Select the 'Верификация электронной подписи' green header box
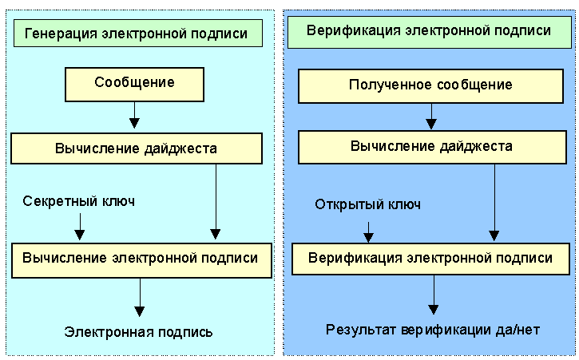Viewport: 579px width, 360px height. click(430, 31)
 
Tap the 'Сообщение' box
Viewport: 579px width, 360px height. click(134, 83)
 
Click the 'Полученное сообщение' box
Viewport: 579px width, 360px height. click(430, 85)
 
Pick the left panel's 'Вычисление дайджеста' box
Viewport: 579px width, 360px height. click(136, 148)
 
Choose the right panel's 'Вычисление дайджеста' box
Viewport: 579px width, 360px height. click(431, 147)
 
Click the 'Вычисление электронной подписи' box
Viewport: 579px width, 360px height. click(140, 259)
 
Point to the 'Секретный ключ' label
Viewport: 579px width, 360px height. click(79, 200)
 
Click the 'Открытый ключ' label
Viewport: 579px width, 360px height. click(367, 204)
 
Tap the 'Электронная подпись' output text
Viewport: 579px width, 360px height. click(139, 331)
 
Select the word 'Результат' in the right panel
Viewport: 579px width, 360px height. click(356, 330)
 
